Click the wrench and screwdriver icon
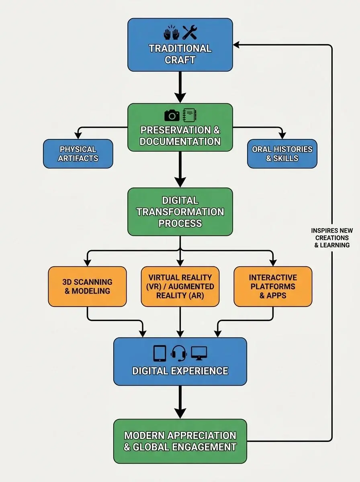189,32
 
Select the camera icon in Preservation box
172,115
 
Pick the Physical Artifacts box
78,153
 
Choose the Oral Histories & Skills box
282,153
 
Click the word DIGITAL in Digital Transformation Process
180,200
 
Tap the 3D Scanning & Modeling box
87,286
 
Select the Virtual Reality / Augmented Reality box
180,286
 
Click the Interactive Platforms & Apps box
273,286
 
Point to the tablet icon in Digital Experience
160,353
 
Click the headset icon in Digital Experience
179,353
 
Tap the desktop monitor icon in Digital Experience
199,353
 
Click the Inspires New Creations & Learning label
332,237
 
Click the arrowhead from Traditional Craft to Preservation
180,97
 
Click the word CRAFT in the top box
180,60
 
